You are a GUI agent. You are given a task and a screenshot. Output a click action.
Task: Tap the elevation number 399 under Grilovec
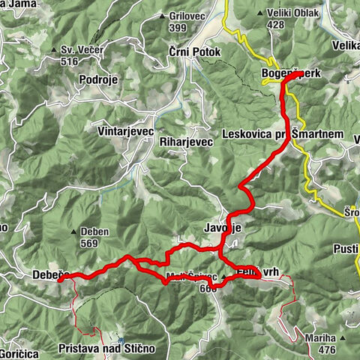(177, 28)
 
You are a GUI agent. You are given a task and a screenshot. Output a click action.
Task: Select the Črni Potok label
(191, 53)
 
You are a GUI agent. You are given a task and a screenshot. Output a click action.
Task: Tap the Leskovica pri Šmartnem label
(282, 134)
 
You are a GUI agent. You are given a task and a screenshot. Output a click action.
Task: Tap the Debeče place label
(51, 276)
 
